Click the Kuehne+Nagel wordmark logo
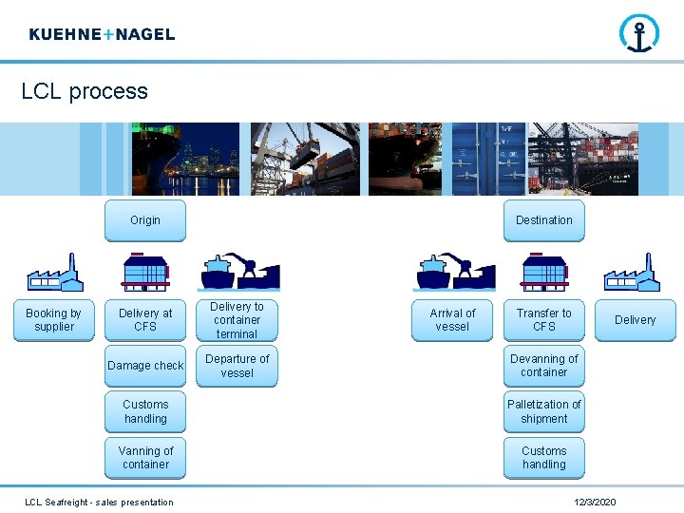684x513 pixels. tap(102, 34)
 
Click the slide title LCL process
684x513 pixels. tap(85, 91)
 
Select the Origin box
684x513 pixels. tap(145, 220)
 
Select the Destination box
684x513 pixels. tap(543, 220)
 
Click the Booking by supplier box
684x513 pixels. tap(53, 320)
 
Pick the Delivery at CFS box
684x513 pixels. tap(145, 320)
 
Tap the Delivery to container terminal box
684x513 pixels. tap(237, 320)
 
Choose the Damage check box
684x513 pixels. tap(145, 366)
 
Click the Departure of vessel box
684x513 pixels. tap(237, 366)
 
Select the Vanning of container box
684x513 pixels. tap(145, 458)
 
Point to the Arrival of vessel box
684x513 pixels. tap(452, 320)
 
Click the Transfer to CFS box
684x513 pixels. tap(543, 320)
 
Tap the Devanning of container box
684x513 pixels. tap(543, 366)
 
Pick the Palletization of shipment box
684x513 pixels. tap(543, 411)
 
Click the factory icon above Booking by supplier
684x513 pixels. tap(54, 273)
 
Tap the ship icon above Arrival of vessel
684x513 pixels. tap(452, 273)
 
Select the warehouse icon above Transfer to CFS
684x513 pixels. tap(543, 272)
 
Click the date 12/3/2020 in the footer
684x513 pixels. tap(596, 502)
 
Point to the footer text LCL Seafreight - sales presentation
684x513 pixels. tap(99, 502)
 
